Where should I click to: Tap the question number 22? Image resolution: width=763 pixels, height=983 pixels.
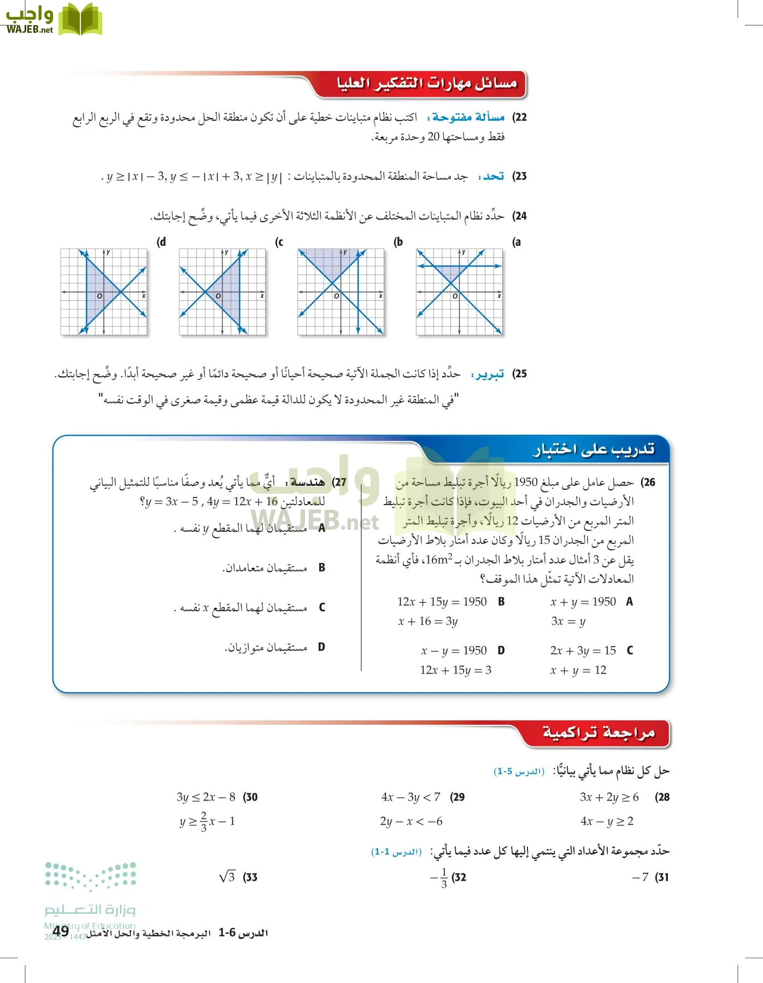[x=519, y=117]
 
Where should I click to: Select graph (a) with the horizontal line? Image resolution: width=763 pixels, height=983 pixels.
[x=459, y=292]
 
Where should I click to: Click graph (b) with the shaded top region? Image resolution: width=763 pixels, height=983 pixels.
[x=341, y=292]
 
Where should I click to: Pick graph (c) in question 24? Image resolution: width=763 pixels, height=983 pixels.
[x=222, y=292]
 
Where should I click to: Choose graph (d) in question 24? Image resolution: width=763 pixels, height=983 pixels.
[x=104, y=292]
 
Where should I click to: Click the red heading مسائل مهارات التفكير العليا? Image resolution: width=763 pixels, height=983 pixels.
[x=426, y=84]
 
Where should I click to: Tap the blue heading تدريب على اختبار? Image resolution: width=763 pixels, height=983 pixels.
[x=594, y=449]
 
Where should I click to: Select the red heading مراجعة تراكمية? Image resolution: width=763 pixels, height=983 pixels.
[x=598, y=733]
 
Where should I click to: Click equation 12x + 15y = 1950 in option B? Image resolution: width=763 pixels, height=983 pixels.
[x=442, y=602]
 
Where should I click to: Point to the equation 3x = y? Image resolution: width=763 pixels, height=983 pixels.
[x=568, y=621]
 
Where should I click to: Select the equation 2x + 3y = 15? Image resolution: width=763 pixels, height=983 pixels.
[x=583, y=650]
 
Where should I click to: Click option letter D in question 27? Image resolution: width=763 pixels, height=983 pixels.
[x=321, y=647]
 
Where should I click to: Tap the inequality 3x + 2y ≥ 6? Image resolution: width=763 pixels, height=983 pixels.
[x=609, y=797]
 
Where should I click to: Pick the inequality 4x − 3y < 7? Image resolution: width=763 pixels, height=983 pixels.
[x=410, y=797]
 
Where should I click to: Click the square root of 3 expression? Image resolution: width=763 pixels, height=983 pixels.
[x=227, y=877]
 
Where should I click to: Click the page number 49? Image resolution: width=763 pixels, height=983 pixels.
[x=61, y=931]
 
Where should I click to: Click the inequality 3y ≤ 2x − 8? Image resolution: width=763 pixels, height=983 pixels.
[x=206, y=797]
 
